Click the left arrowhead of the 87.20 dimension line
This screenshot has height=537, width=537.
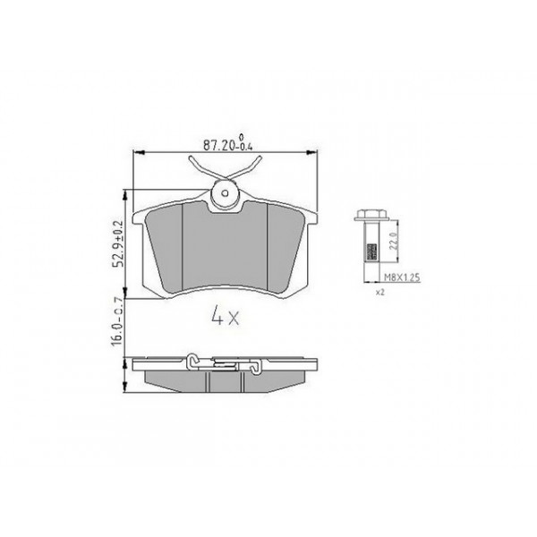(x=137, y=153)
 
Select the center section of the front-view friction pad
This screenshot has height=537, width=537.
(x=226, y=246)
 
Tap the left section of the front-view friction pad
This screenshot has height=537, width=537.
(x=166, y=246)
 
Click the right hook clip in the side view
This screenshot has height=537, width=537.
(x=256, y=362)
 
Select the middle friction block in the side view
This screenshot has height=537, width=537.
(x=226, y=381)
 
